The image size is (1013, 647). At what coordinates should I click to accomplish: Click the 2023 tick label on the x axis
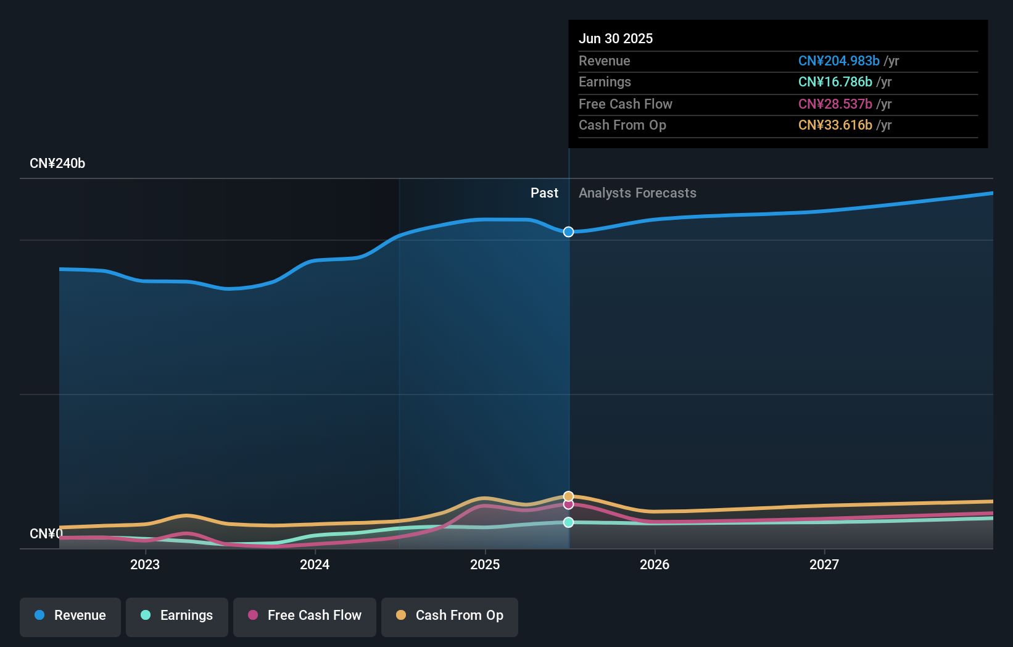coord(145,564)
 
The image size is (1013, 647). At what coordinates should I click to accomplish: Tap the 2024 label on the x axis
coord(315,564)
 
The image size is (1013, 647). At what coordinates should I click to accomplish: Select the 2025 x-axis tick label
coord(485,564)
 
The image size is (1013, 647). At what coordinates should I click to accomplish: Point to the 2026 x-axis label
coord(655,564)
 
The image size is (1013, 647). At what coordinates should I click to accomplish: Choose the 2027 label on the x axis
coord(824,564)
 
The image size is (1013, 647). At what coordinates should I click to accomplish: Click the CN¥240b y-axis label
coord(57,164)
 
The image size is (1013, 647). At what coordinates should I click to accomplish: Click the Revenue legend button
coord(70,616)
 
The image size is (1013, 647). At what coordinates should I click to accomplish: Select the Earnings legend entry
coord(177,616)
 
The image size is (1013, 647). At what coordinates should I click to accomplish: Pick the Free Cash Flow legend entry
coord(305,616)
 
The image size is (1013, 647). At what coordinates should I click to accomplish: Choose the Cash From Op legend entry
coord(450,616)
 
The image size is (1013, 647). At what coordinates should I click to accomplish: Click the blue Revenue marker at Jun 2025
coord(568,232)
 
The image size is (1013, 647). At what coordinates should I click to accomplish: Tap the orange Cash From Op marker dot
coord(568,496)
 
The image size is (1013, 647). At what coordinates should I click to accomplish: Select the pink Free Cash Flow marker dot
coord(568,504)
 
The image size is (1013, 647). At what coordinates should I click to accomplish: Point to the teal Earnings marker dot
coord(568,522)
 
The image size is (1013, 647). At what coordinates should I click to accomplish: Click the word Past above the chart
coord(544,193)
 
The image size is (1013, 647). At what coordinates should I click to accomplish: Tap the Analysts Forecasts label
coord(637,193)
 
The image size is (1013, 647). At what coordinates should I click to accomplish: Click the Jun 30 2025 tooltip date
coord(616,38)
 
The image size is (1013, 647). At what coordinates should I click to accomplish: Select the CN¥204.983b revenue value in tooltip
coord(838,61)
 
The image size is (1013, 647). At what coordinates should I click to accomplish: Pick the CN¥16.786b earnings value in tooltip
coord(835,82)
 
